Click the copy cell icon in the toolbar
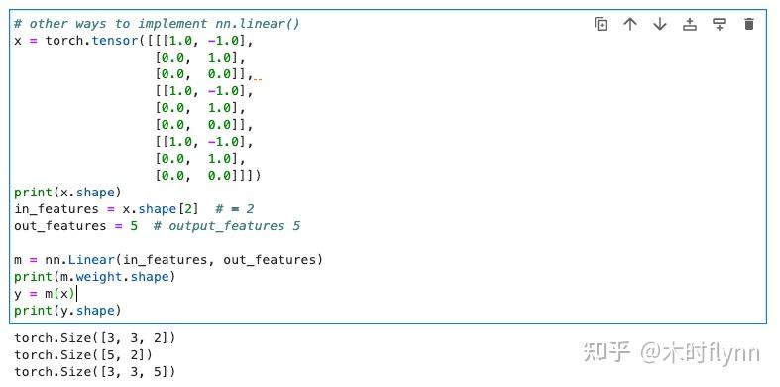click(x=601, y=24)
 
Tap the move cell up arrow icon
click(x=630, y=24)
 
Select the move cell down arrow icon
click(x=660, y=24)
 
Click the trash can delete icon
click(x=749, y=24)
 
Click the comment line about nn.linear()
click(x=157, y=23)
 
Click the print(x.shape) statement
click(x=67, y=193)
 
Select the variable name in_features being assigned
click(x=56, y=209)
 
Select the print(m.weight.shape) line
click(x=94, y=277)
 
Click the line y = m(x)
click(x=45, y=294)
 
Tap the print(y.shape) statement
click(x=67, y=311)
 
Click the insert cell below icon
click(x=720, y=24)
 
